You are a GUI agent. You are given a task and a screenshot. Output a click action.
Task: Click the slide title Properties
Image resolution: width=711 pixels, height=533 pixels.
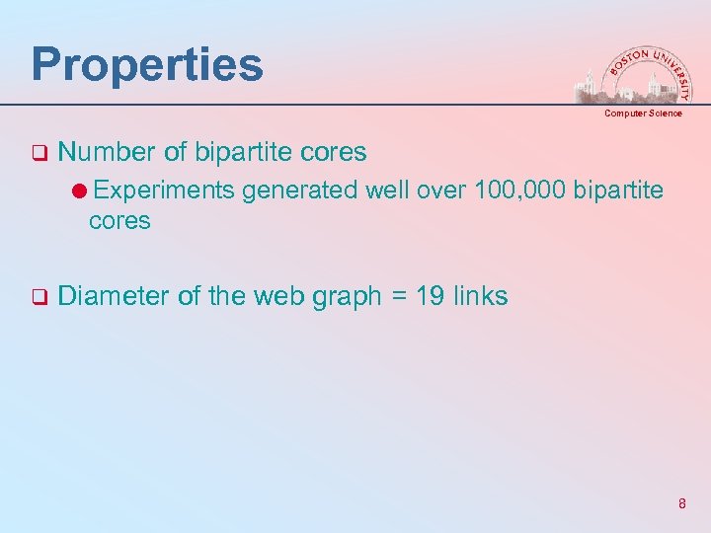[x=147, y=65]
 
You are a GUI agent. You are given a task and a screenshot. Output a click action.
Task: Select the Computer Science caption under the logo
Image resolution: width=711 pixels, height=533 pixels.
[x=643, y=114]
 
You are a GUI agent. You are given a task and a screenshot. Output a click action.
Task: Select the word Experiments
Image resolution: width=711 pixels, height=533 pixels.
[x=164, y=189]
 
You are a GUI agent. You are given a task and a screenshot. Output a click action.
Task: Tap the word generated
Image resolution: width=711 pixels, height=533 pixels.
[x=300, y=189]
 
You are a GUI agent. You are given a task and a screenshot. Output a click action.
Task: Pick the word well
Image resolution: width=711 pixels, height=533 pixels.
[x=388, y=189]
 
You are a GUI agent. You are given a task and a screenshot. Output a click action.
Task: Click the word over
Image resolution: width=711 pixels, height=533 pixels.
[x=443, y=189]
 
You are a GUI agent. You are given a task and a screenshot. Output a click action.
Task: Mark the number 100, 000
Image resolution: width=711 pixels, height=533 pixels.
[x=520, y=189]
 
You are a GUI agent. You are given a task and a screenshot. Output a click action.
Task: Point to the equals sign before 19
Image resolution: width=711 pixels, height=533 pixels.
[x=397, y=296]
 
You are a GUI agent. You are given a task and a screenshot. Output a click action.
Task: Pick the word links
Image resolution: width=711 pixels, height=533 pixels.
[x=481, y=295]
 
